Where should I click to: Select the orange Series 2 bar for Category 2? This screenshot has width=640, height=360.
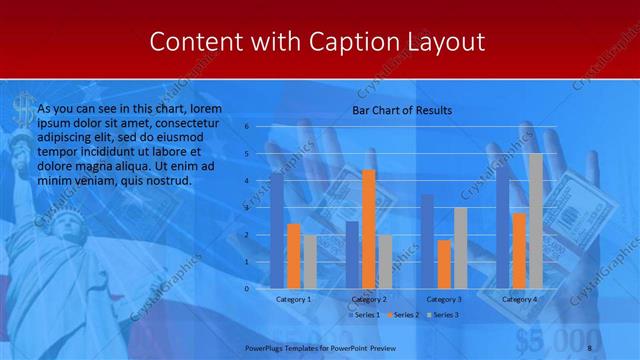click(369, 229)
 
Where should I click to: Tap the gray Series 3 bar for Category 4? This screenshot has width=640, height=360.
click(536, 220)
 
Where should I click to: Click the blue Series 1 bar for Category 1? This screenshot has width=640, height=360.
click(277, 230)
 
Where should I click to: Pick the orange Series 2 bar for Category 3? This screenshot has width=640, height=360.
click(444, 264)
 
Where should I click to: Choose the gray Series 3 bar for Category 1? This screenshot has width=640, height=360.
click(310, 261)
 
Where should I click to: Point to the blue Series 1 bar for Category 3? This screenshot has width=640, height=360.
click(427, 241)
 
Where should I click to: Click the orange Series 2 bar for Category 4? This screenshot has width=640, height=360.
click(519, 250)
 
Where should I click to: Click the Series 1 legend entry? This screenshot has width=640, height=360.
click(364, 316)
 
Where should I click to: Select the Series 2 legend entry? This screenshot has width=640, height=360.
click(403, 316)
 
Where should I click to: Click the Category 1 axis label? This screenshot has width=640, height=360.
click(293, 299)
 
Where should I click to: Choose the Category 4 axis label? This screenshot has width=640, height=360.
click(519, 299)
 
